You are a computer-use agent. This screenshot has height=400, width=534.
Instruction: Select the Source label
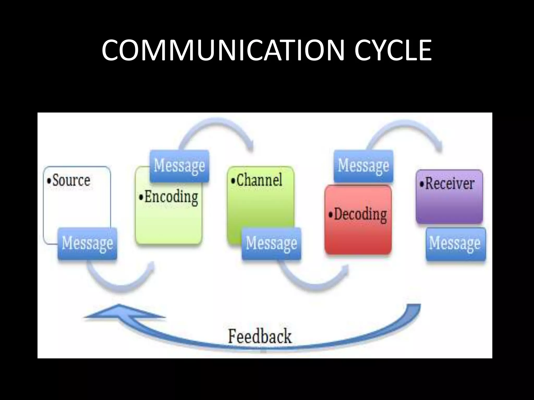tap(71, 180)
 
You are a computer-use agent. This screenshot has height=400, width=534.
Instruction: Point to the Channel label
tap(259, 180)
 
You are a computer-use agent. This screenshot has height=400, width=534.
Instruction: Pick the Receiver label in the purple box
tap(450, 184)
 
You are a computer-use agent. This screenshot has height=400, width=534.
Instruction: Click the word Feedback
tap(260, 336)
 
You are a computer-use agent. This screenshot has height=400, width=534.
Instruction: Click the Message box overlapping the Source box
tap(87, 244)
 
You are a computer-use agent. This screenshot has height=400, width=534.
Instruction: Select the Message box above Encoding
tap(179, 166)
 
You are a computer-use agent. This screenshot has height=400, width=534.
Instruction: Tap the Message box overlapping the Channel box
tap(271, 244)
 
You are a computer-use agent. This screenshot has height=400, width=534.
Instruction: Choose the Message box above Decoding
tap(363, 166)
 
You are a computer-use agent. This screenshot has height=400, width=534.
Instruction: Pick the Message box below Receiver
tap(456, 244)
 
